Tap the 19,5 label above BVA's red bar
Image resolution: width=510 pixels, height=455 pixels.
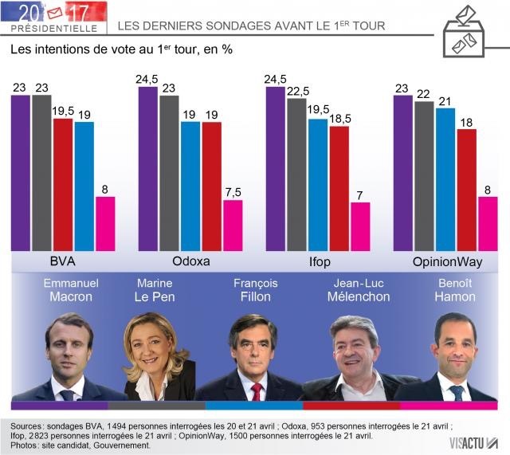pos(63,112)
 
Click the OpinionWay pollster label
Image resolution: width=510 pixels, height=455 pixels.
pos(447,262)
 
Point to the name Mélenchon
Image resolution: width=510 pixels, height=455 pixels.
pos(359,296)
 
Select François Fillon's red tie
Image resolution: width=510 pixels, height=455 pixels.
pos(257,390)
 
